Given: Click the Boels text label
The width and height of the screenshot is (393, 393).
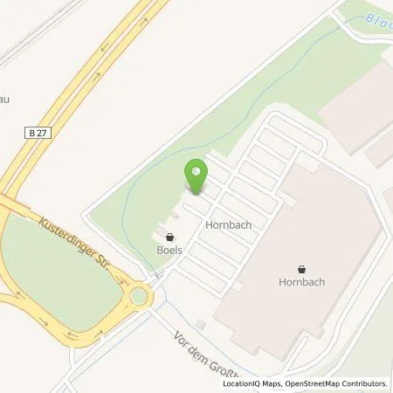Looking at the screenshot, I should (x=169, y=249).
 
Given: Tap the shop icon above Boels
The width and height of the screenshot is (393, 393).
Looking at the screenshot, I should (x=169, y=237).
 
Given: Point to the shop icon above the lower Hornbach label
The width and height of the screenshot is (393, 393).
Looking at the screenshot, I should (x=301, y=270).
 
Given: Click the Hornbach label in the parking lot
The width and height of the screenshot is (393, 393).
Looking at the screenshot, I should (x=229, y=224).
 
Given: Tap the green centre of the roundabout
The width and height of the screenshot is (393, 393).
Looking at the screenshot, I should (x=139, y=296).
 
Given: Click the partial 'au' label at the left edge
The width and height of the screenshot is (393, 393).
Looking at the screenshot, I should (x=4, y=100).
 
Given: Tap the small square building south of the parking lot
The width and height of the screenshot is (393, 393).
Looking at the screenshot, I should (x=200, y=325).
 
